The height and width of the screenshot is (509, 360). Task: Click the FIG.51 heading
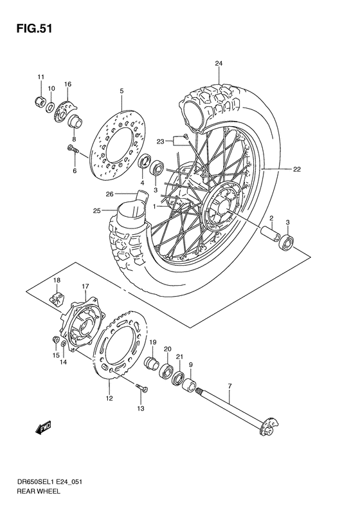tap(30, 28)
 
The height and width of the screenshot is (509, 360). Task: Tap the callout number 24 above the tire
tap(219, 63)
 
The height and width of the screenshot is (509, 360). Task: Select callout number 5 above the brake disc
tap(121, 91)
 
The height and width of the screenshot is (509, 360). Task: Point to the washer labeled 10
tap(51, 105)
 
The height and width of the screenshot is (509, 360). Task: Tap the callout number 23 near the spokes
tap(161, 140)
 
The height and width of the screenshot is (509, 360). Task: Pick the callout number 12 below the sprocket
tap(109, 399)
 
